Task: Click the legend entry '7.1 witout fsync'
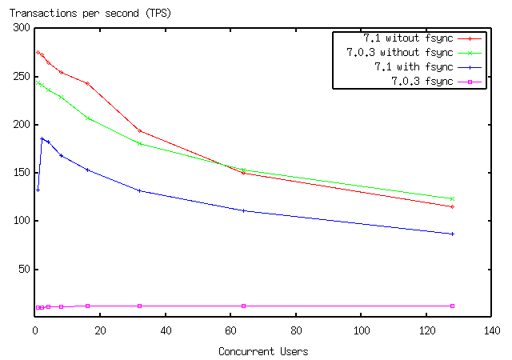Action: click(x=397, y=38)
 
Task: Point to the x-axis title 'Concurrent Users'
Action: click(x=263, y=351)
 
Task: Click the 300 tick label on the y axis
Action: click(x=21, y=28)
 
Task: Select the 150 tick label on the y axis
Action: click(x=21, y=173)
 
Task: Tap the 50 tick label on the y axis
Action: click(x=24, y=270)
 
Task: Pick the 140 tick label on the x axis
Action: click(x=492, y=330)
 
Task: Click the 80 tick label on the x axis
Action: click(x=296, y=330)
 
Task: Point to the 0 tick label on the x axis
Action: click(x=35, y=330)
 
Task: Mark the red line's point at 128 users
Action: click(x=453, y=206)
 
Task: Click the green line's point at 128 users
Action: click(x=453, y=198)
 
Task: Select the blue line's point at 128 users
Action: click(x=453, y=234)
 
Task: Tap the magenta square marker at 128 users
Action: click(x=453, y=306)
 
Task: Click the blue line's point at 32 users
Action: click(x=139, y=190)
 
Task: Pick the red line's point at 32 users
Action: click(x=139, y=130)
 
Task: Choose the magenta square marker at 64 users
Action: click(x=243, y=306)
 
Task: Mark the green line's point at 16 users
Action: click(x=87, y=118)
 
